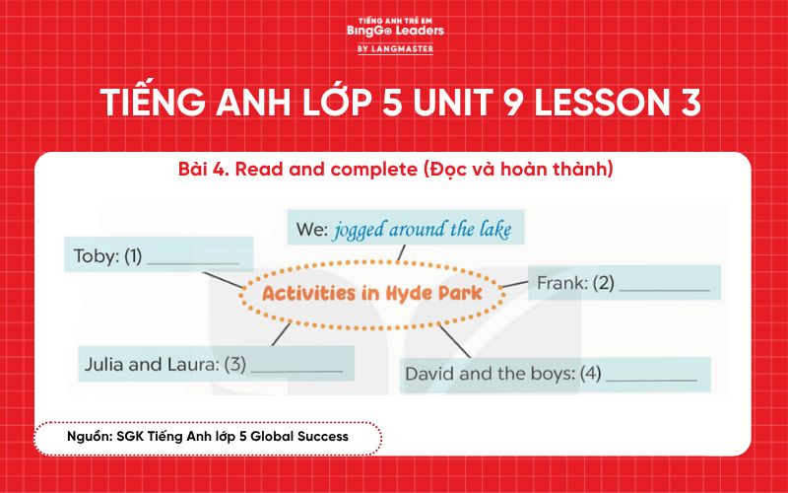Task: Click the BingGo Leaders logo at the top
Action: click(x=395, y=30)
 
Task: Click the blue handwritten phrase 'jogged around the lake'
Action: click(x=423, y=231)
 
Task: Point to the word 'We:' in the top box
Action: click(x=312, y=232)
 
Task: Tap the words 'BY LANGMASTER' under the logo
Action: click(x=395, y=48)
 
